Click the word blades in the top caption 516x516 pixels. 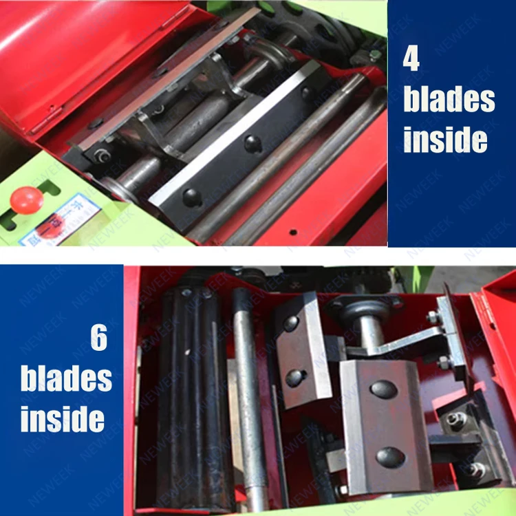449,100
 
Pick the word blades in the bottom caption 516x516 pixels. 66,379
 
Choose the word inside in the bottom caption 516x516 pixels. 63,418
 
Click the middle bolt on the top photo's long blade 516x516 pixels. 253,143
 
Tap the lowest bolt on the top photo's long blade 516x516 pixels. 192,197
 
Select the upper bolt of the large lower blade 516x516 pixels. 383,389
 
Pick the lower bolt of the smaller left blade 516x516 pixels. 297,377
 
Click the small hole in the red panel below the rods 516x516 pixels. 292,232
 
